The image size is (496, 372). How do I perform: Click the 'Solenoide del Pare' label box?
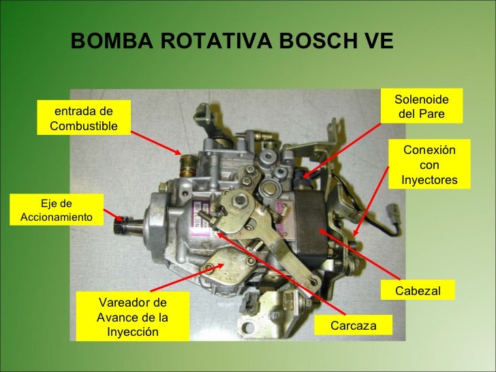420,106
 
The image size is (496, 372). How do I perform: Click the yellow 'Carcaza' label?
353,326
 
